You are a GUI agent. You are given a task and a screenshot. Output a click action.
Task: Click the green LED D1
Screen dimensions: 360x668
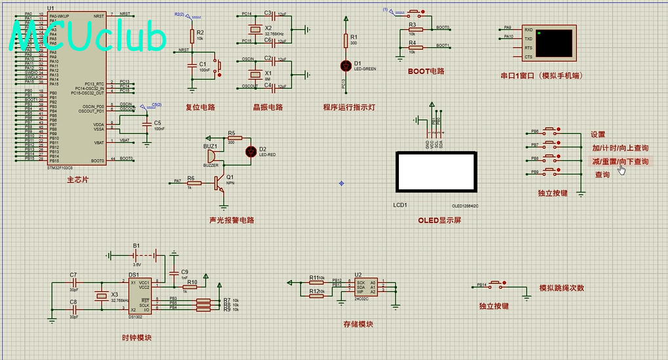click(x=346, y=65)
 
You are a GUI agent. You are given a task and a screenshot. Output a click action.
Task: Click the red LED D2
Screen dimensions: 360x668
click(x=250, y=151)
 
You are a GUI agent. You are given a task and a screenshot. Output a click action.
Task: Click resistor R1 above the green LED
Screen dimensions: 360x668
click(x=346, y=41)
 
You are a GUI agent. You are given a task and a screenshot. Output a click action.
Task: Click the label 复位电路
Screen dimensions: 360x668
click(x=200, y=107)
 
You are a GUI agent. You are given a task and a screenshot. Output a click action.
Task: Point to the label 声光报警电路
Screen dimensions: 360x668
click(x=231, y=220)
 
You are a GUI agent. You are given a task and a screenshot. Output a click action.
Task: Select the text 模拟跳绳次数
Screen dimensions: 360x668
click(x=561, y=288)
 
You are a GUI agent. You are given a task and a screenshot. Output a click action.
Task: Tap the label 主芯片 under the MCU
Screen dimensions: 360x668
click(x=77, y=179)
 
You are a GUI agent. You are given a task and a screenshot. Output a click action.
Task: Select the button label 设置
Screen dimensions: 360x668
click(x=598, y=135)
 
